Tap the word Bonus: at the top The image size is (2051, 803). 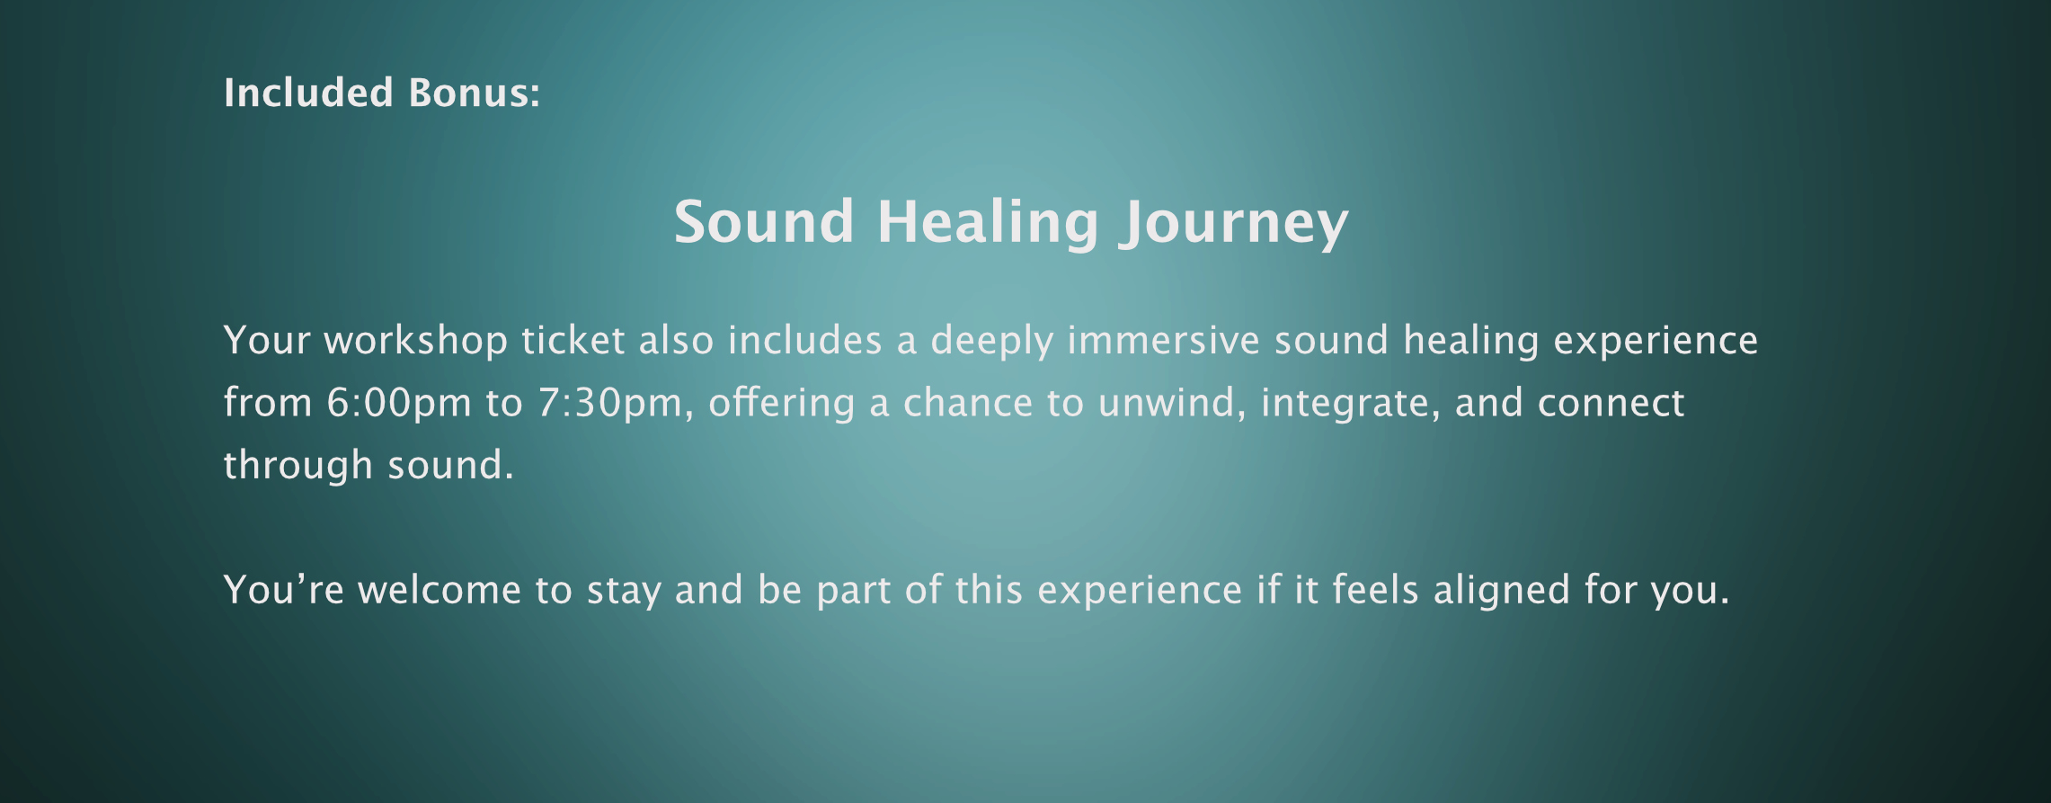pos(475,93)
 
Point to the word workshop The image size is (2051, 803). pos(416,340)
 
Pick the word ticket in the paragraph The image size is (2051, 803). pos(573,340)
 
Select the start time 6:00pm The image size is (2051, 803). pos(399,403)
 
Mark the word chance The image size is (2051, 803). pos(968,402)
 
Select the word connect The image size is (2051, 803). pos(1611,403)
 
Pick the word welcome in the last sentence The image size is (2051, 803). pos(439,590)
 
